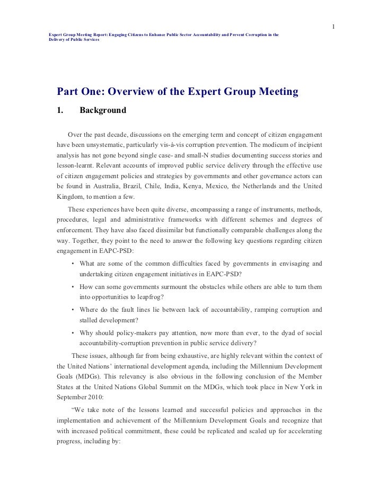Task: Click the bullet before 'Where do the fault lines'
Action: click(73, 310)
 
